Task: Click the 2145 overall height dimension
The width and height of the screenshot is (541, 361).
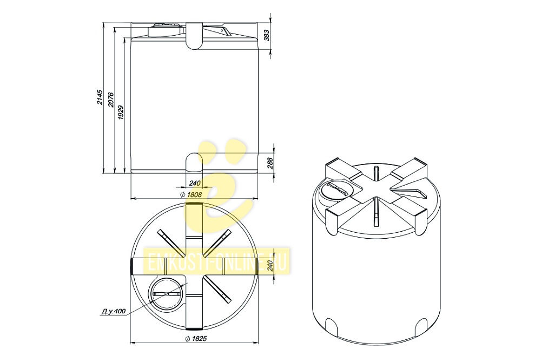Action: (x=100, y=97)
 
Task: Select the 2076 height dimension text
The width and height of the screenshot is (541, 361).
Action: (x=110, y=100)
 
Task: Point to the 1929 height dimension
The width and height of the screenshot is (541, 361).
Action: (x=121, y=112)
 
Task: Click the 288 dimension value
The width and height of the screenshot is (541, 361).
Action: (x=270, y=163)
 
